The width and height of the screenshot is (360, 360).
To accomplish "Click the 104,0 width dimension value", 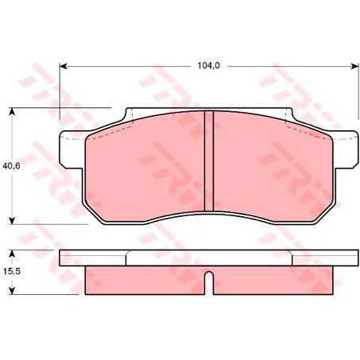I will click(x=207, y=67).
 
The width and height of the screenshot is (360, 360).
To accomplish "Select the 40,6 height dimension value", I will click(x=11, y=167).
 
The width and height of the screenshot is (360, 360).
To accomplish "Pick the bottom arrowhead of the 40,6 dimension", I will click(x=12, y=222).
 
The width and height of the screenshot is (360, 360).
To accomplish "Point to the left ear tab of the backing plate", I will click(x=69, y=156).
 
